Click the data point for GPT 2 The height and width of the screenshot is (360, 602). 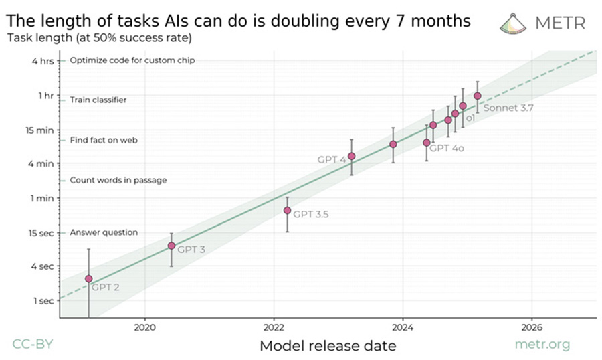(x=88, y=278)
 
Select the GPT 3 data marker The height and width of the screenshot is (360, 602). (x=171, y=246)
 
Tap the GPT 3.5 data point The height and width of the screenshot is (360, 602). (x=287, y=210)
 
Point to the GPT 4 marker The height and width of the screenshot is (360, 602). (x=352, y=156)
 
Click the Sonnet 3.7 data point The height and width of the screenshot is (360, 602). (x=477, y=96)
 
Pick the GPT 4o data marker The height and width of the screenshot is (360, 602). (x=427, y=142)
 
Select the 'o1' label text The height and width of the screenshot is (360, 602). (x=470, y=118)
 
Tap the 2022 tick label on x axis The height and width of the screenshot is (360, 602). (x=274, y=328)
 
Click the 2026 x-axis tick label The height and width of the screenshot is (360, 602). (x=531, y=328)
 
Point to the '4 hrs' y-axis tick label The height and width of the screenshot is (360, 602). (x=41, y=61)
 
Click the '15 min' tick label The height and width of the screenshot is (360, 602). (x=39, y=129)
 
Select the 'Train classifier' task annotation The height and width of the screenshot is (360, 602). (x=98, y=100)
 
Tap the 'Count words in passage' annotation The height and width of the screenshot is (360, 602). (x=118, y=181)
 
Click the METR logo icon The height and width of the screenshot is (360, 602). (x=514, y=22)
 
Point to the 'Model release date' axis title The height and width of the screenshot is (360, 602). (x=327, y=345)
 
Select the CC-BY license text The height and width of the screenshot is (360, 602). (x=32, y=345)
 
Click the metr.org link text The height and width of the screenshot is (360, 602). (x=542, y=345)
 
